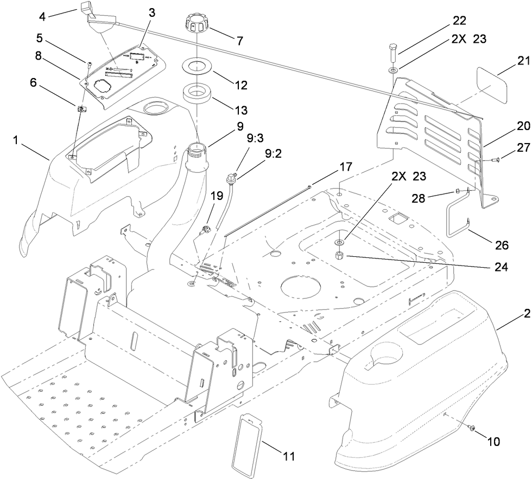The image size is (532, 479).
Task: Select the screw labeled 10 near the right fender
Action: (471, 429)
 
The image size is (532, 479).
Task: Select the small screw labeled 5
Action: (90, 63)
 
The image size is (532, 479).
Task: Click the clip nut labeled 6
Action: (82, 109)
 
